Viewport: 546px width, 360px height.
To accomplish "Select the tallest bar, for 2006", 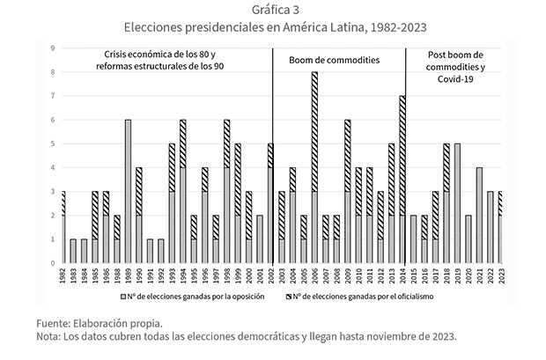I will coord(314,167).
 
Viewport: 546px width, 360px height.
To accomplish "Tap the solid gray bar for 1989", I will coord(128,191).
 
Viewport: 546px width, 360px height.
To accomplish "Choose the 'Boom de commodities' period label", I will coord(335,61).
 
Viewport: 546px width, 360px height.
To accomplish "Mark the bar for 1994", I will coord(182,191).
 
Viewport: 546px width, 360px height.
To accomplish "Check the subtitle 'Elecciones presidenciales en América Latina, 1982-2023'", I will coord(274,27).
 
